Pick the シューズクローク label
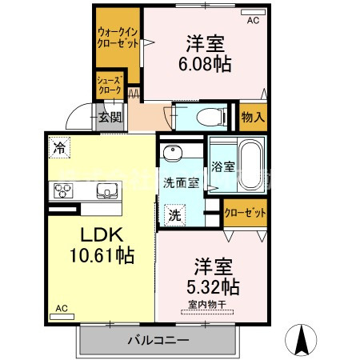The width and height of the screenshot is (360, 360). tap(109, 86)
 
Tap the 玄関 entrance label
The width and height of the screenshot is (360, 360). tap(110, 117)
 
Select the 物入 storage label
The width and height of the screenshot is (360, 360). tap(253, 117)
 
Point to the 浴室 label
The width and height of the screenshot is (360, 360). tap(223, 167)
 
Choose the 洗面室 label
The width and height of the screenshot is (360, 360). tap(181, 182)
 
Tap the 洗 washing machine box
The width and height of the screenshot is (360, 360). tap(174, 214)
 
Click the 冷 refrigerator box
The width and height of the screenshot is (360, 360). tap(59, 147)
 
